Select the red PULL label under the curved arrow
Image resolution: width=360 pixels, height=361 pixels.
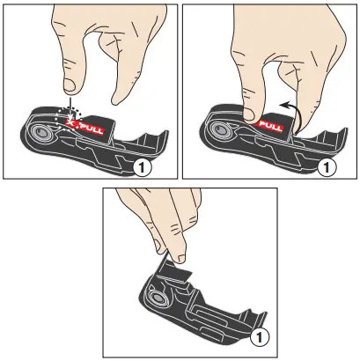click(269, 125)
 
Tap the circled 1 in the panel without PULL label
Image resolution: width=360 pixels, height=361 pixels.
click(258, 336)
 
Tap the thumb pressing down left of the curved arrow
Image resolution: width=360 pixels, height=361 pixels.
click(251, 109)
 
